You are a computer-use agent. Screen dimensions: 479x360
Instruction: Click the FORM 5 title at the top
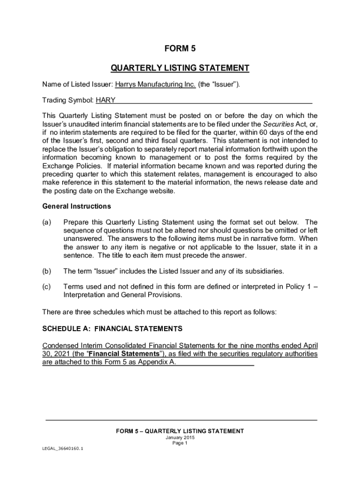click(x=180, y=49)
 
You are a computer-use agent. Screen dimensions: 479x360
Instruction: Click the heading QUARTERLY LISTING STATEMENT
click(x=180, y=68)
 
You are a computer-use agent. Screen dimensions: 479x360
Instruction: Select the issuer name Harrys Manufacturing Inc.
click(x=155, y=84)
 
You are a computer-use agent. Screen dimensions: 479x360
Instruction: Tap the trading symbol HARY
click(x=106, y=100)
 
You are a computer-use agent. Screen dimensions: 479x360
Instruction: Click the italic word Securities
click(x=278, y=124)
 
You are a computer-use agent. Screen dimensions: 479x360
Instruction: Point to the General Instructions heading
click(x=77, y=206)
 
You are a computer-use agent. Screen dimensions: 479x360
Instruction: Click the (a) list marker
click(x=47, y=222)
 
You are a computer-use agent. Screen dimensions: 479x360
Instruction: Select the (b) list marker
click(x=47, y=271)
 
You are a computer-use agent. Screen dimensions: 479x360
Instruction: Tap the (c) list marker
click(x=47, y=287)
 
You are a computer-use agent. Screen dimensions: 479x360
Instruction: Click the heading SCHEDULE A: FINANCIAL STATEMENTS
click(x=112, y=329)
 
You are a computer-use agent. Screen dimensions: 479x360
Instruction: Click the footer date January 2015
click(x=180, y=438)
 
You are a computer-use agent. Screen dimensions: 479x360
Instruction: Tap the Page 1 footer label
click(x=180, y=443)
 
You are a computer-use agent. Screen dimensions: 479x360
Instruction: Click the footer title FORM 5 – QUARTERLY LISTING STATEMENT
click(x=180, y=431)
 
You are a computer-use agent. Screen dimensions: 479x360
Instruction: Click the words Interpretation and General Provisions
click(x=122, y=295)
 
